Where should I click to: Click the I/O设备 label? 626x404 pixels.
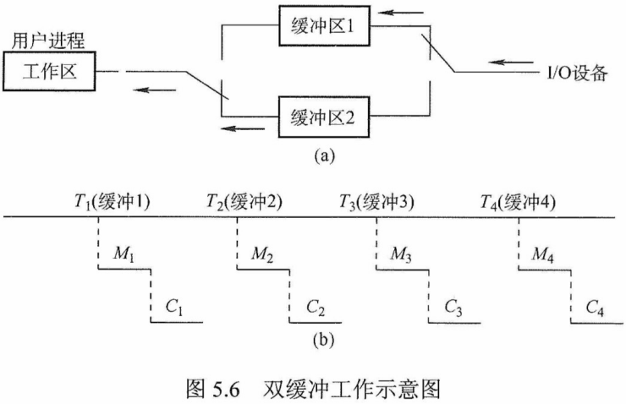point(574,74)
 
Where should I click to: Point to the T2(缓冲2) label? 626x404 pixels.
point(244,201)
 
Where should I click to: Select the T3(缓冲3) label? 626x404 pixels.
point(376,201)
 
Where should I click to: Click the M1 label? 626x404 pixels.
point(123,254)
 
